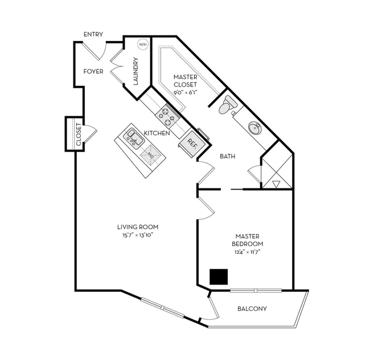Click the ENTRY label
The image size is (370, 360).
point(93,35)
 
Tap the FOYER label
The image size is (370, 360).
point(93,72)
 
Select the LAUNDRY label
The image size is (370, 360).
point(135,71)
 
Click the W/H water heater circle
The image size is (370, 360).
point(142,44)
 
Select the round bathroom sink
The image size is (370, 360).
point(254,127)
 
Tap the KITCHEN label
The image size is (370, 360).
point(157,133)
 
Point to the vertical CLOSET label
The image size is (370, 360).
point(79,134)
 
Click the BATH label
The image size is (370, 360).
point(228,156)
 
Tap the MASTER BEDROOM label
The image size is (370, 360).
point(248,240)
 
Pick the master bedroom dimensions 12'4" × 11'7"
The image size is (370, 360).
point(248,252)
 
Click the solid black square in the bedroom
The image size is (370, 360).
point(219,277)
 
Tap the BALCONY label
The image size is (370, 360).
point(251,309)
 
